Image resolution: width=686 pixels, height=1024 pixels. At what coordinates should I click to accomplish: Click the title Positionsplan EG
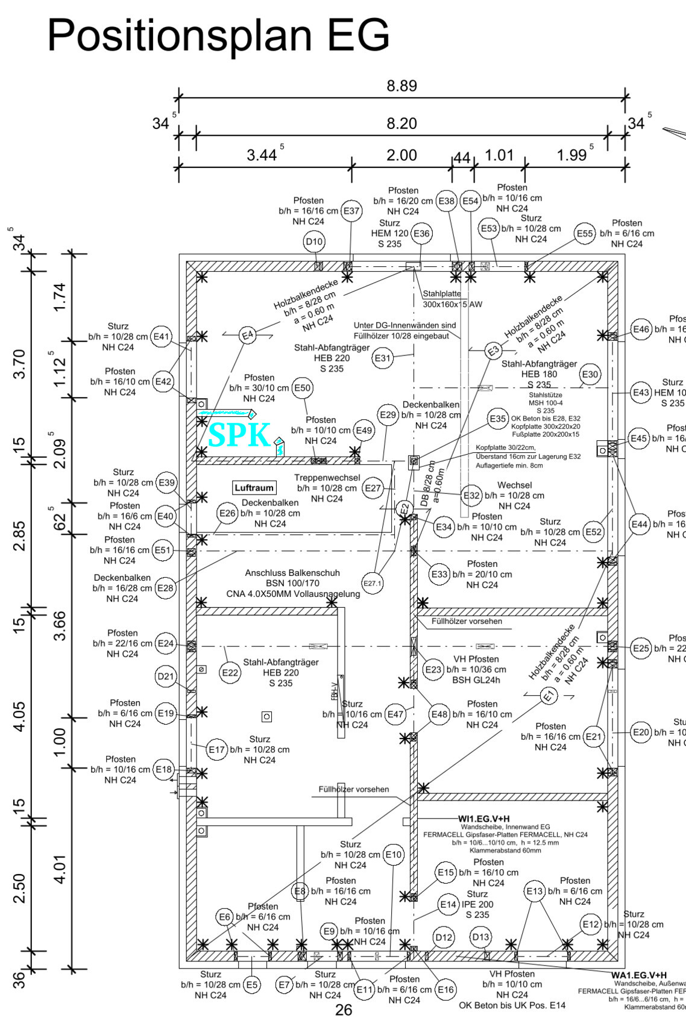point(218,35)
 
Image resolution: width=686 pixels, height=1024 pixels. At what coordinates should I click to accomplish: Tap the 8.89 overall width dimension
point(401,86)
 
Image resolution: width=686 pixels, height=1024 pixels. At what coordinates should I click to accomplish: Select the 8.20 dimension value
point(401,123)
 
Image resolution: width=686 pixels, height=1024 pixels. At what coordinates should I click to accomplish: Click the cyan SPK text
point(239,435)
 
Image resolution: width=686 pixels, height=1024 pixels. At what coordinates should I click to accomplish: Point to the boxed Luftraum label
point(254,488)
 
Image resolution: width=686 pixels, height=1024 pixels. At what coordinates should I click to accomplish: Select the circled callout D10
point(314,242)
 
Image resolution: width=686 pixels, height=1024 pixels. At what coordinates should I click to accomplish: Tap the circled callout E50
point(302,388)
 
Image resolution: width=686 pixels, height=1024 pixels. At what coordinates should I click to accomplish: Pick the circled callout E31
point(383,358)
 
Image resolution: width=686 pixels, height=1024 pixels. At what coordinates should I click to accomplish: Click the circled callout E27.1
point(372,583)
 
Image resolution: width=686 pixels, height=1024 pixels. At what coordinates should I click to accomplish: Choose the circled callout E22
point(230,673)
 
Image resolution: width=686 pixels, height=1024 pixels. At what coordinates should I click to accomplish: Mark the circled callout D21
point(166,676)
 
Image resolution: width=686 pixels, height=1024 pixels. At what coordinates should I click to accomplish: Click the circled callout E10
point(393,855)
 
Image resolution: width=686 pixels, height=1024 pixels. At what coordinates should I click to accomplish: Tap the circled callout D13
point(480,937)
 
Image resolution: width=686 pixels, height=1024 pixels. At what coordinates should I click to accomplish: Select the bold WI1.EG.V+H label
point(483,819)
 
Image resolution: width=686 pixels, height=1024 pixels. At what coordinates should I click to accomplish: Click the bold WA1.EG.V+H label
point(638,975)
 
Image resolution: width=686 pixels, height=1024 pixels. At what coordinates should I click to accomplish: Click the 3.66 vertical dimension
point(59,625)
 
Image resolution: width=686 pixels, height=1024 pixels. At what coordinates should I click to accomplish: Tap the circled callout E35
point(497,419)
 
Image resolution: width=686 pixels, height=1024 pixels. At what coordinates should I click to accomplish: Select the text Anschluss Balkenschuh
point(292,573)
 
